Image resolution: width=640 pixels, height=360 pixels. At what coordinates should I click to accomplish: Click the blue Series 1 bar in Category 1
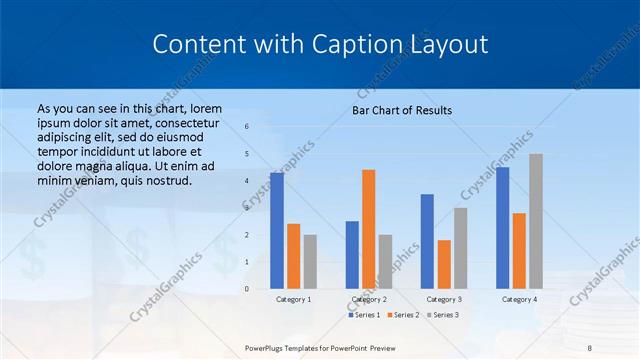(x=276, y=231)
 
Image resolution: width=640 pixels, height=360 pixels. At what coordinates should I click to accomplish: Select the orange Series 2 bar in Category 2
(x=368, y=229)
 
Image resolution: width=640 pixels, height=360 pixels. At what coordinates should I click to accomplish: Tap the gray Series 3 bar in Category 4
(x=536, y=221)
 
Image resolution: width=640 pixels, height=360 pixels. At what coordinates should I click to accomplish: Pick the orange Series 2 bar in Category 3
(x=444, y=264)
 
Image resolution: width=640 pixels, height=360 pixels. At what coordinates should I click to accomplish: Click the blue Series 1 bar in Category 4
(x=502, y=228)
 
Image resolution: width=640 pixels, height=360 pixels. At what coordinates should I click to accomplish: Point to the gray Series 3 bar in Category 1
(x=310, y=262)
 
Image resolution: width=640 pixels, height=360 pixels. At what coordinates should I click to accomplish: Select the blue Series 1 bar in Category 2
(x=352, y=255)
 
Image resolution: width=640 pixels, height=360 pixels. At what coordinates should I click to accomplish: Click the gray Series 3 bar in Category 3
(x=460, y=248)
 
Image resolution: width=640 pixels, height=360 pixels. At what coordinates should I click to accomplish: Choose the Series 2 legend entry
(x=403, y=315)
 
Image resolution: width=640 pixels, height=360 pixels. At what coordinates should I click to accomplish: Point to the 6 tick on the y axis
(x=247, y=127)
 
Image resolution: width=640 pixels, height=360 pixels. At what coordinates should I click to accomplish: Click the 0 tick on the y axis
(x=247, y=289)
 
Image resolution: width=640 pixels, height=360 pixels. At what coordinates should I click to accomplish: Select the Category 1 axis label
(x=293, y=299)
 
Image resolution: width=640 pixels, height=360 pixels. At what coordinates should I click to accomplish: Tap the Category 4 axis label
(x=519, y=299)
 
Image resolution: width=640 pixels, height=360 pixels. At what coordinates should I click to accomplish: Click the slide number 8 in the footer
(x=590, y=347)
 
